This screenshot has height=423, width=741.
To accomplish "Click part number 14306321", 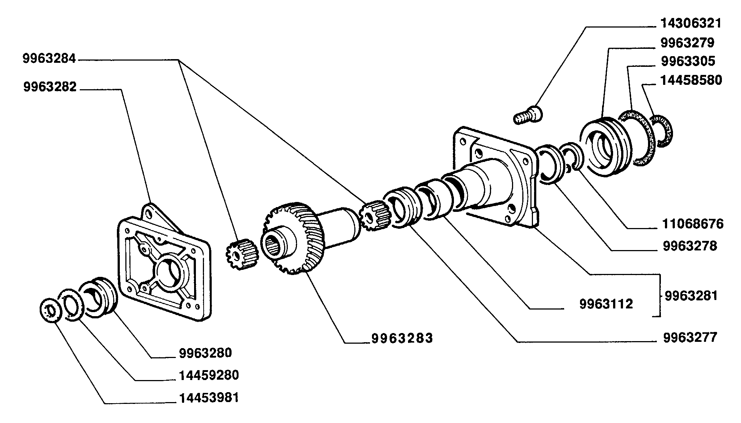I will click(691, 23).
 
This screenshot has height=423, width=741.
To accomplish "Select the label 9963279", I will click(687, 43).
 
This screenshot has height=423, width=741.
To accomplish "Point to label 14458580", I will click(691, 80).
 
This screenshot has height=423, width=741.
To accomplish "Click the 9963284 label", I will click(49, 59).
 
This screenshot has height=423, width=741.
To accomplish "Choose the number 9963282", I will click(50, 87).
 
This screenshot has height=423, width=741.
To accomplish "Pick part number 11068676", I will click(692, 224).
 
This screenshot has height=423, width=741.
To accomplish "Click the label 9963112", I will click(606, 304).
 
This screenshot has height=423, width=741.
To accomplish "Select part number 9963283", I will click(402, 338).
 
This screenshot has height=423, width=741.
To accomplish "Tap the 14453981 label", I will click(209, 398).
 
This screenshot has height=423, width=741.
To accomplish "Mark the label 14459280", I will click(209, 375).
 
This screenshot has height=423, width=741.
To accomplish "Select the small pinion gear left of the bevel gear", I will click(242, 253).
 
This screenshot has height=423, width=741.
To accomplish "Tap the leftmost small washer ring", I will click(50, 311).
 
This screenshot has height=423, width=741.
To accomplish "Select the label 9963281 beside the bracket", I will click(691, 296).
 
